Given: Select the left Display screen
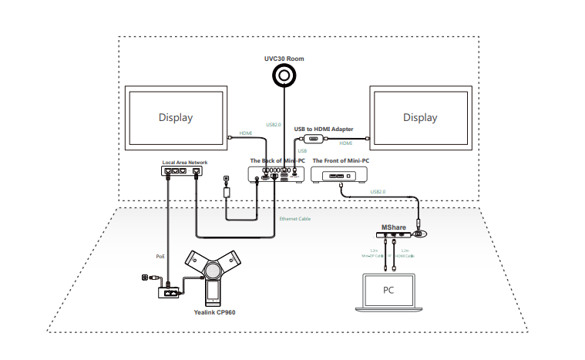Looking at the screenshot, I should tap(176, 118).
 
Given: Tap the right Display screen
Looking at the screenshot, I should tap(420, 118).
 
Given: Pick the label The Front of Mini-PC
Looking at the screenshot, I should tap(342, 160).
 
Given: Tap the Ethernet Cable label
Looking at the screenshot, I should tap(295, 219).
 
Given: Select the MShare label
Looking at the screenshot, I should tap(393, 227).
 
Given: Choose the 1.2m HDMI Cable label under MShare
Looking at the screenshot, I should tap(407, 253).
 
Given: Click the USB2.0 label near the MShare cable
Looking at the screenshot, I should tap(378, 191).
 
